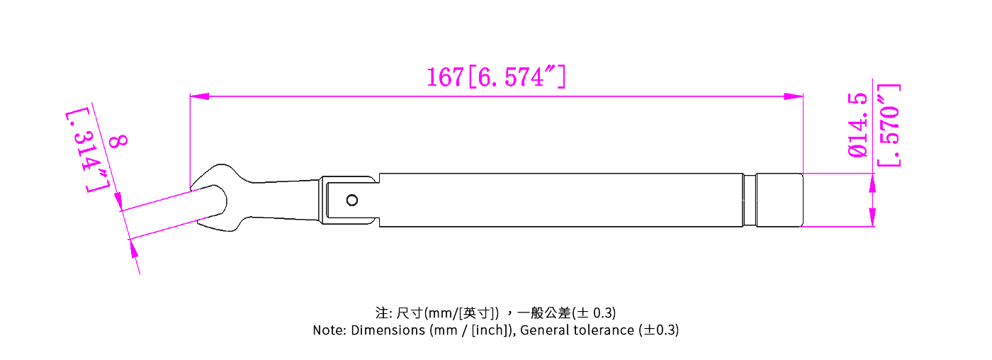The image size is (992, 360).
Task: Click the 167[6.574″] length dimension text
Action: tap(495, 77)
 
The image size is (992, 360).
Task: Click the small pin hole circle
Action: tap(352, 201)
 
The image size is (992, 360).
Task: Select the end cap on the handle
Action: tap(779, 200)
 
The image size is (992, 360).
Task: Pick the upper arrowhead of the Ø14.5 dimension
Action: tap(872, 183)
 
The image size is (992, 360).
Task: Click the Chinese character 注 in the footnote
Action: tap(382, 313)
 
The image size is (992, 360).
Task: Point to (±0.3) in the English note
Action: tap(658, 330)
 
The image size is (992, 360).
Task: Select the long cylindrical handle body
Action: tap(560, 200)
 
